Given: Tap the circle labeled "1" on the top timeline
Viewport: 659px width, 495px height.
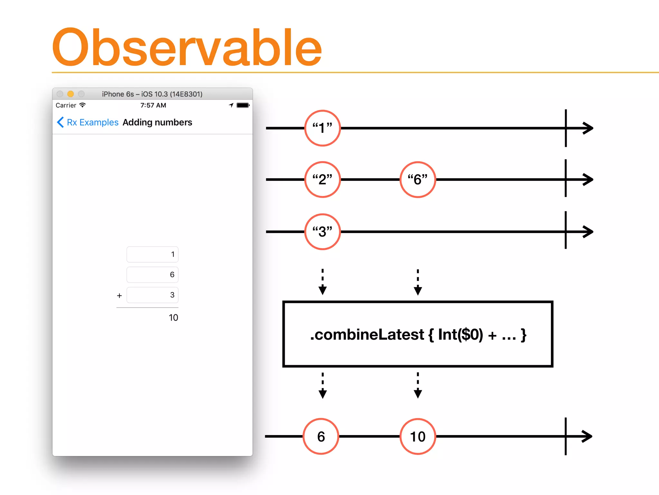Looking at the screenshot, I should (x=322, y=128).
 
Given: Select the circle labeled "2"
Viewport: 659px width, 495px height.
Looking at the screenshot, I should (x=322, y=179).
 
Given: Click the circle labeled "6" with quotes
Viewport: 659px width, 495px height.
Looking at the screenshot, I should (x=417, y=179).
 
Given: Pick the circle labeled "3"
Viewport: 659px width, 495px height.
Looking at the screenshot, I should (x=322, y=231).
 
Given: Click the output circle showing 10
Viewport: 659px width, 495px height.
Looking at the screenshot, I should (x=417, y=436).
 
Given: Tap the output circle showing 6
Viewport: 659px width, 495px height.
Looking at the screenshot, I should (x=321, y=436).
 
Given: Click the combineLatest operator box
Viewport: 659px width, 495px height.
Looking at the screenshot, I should (x=417, y=334).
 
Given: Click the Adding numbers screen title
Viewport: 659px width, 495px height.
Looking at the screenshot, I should (x=157, y=122).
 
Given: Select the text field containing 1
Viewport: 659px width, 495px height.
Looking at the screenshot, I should (x=152, y=255).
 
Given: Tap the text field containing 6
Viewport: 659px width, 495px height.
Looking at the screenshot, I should (x=152, y=275).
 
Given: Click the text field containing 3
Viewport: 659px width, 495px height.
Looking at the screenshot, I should (x=152, y=295).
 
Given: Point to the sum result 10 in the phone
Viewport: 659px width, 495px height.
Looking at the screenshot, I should (x=173, y=318).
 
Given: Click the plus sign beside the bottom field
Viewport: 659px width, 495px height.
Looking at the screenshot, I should (x=119, y=296).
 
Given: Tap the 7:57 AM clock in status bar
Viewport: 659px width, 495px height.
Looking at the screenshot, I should (x=153, y=105).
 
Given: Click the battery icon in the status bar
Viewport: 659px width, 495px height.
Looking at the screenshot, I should (x=243, y=105).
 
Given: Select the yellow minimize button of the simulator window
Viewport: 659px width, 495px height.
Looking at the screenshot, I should (x=70, y=94).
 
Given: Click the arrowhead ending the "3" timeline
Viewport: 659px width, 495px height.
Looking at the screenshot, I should (x=588, y=231).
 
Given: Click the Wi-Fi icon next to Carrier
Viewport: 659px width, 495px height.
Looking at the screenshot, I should (x=83, y=105).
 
